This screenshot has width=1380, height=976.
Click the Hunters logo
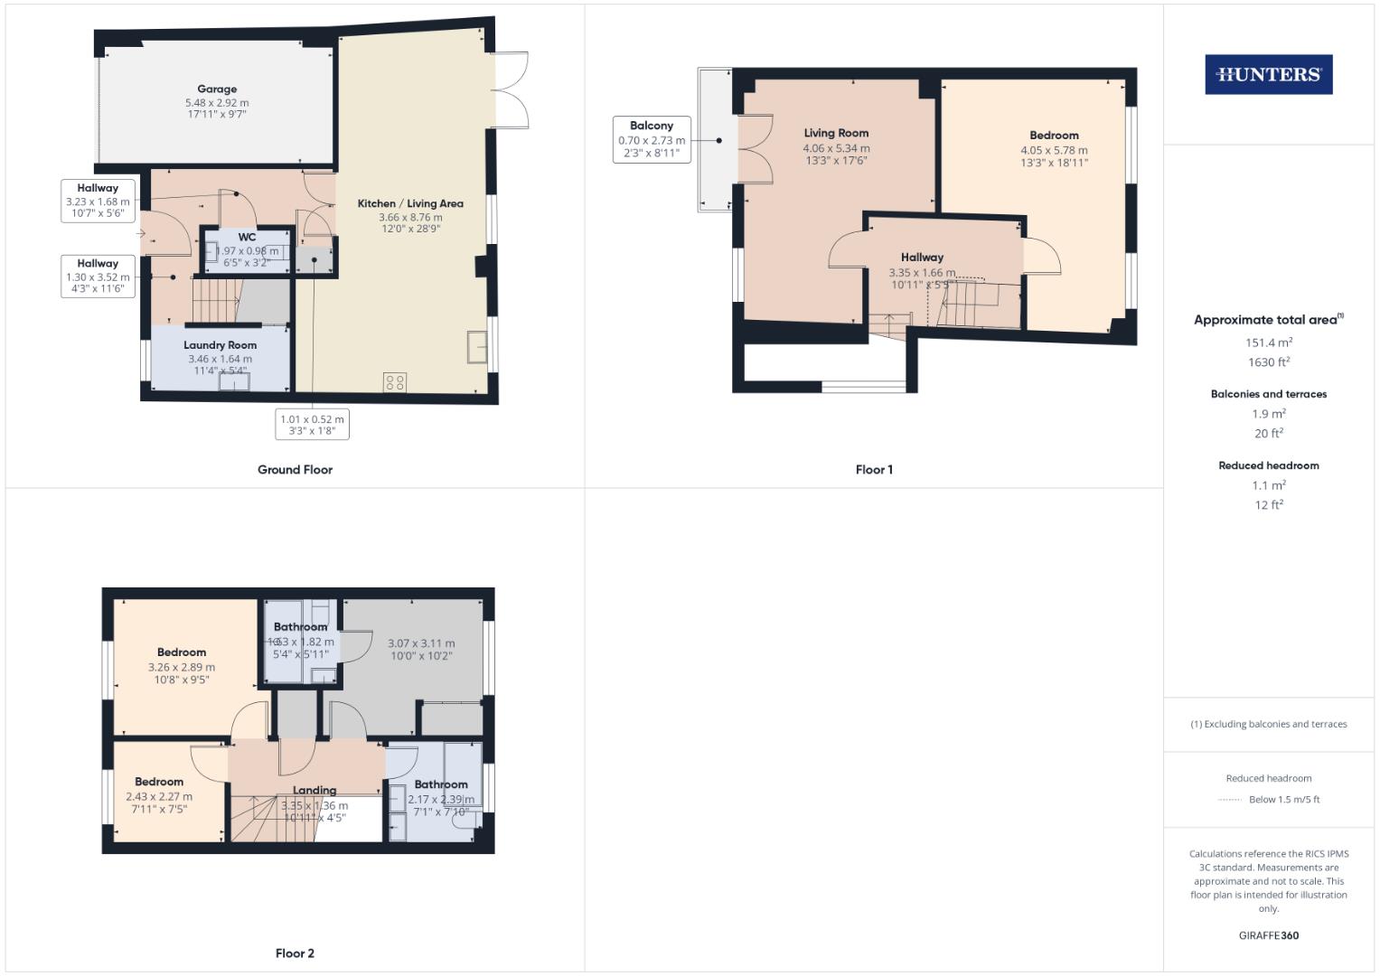pyautogui.click(x=1268, y=75)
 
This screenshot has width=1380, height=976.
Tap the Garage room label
pyautogui.click(x=217, y=89)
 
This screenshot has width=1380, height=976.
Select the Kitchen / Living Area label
pyautogui.click(x=410, y=204)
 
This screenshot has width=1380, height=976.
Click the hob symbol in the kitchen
pyautogui.click(x=395, y=382)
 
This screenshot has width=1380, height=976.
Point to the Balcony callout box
pyautogui.click(x=652, y=139)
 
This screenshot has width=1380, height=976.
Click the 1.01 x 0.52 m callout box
pyautogui.click(x=312, y=425)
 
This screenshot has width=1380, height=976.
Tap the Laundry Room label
pyautogui.click(x=220, y=345)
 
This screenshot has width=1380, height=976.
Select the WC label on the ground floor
pyautogui.click(x=247, y=238)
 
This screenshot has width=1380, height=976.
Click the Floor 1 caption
pyautogui.click(x=874, y=470)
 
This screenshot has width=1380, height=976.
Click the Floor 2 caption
pyautogui.click(x=295, y=953)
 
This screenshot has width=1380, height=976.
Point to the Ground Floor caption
pyautogui.click(x=295, y=470)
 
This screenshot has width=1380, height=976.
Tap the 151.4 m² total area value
pyautogui.click(x=1268, y=343)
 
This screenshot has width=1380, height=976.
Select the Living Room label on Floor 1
pyautogui.click(x=836, y=133)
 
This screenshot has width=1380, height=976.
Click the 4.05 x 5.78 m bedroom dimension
pyautogui.click(x=1054, y=151)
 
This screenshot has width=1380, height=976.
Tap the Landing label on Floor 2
pyautogui.click(x=314, y=790)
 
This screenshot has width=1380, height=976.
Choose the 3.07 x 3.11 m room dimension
pyautogui.click(x=421, y=643)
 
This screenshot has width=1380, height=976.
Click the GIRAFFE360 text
pyautogui.click(x=1268, y=935)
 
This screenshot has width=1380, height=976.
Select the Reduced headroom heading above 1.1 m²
pyautogui.click(x=1268, y=465)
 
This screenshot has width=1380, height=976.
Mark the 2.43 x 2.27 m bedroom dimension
pyautogui.click(x=159, y=797)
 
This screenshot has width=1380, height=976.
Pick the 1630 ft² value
pyautogui.click(x=1268, y=362)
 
